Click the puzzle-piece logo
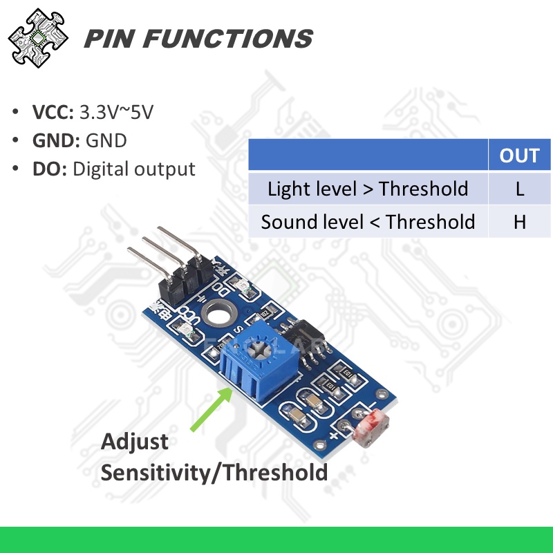(x=38, y=37)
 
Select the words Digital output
(x=133, y=169)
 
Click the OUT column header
(x=519, y=155)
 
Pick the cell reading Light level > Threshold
(x=368, y=189)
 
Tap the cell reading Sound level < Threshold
(x=368, y=222)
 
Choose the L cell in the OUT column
(x=519, y=189)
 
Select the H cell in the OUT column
(x=519, y=222)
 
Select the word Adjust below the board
(x=135, y=442)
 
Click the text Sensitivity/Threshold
(x=214, y=473)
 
